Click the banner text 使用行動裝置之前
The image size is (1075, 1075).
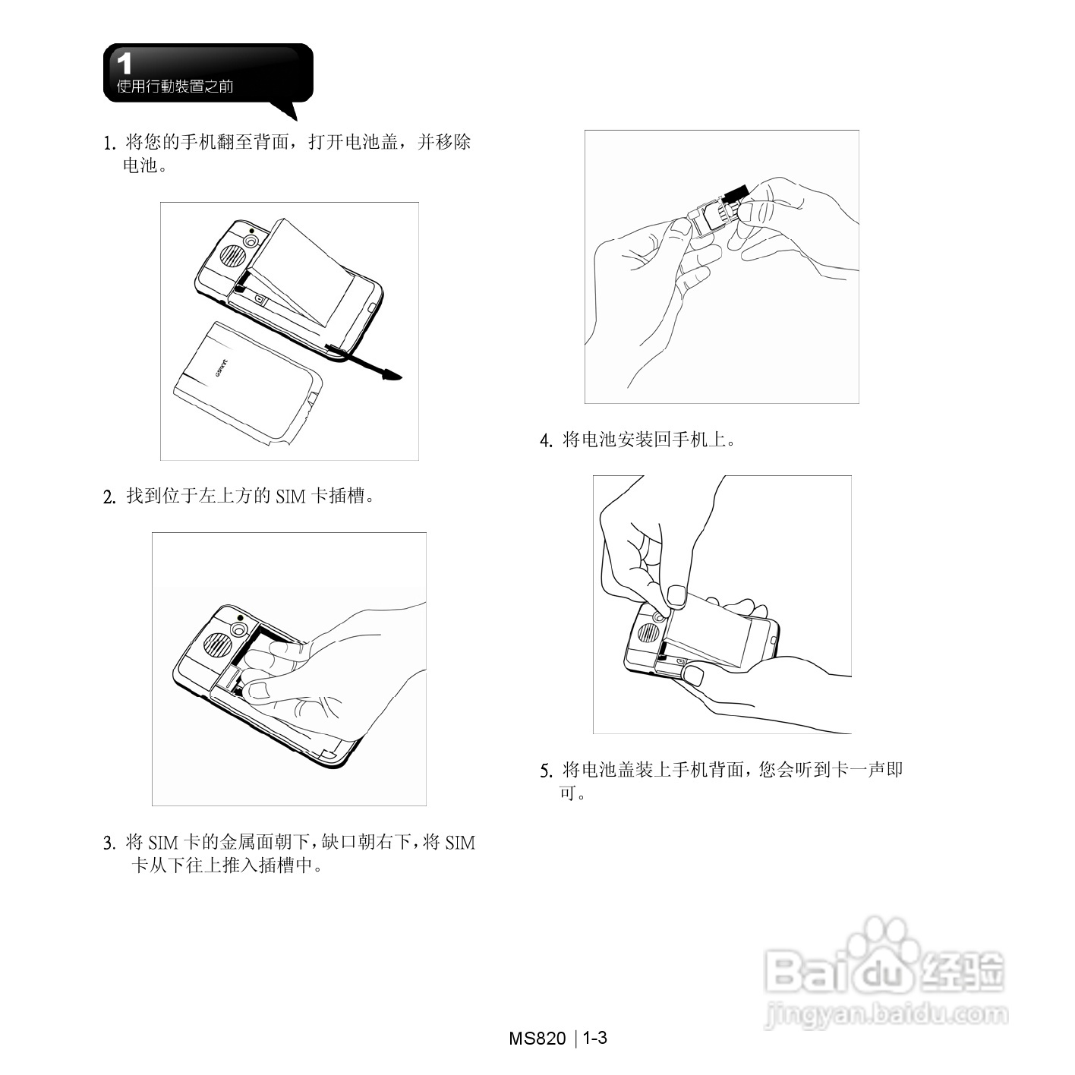pyautogui.click(x=175, y=87)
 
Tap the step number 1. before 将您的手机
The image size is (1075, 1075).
pyautogui.click(x=110, y=143)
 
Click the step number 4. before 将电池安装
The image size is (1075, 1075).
pyautogui.click(x=546, y=441)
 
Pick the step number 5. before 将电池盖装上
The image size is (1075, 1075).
pyautogui.click(x=546, y=771)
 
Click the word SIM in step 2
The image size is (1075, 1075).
pyautogui.click(x=290, y=497)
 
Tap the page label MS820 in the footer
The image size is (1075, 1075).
pyautogui.click(x=537, y=1039)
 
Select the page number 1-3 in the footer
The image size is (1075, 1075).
pyautogui.click(x=595, y=1038)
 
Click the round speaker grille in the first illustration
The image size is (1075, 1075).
pyautogui.click(x=232, y=255)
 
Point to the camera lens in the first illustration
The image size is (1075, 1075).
pyautogui.click(x=251, y=241)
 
